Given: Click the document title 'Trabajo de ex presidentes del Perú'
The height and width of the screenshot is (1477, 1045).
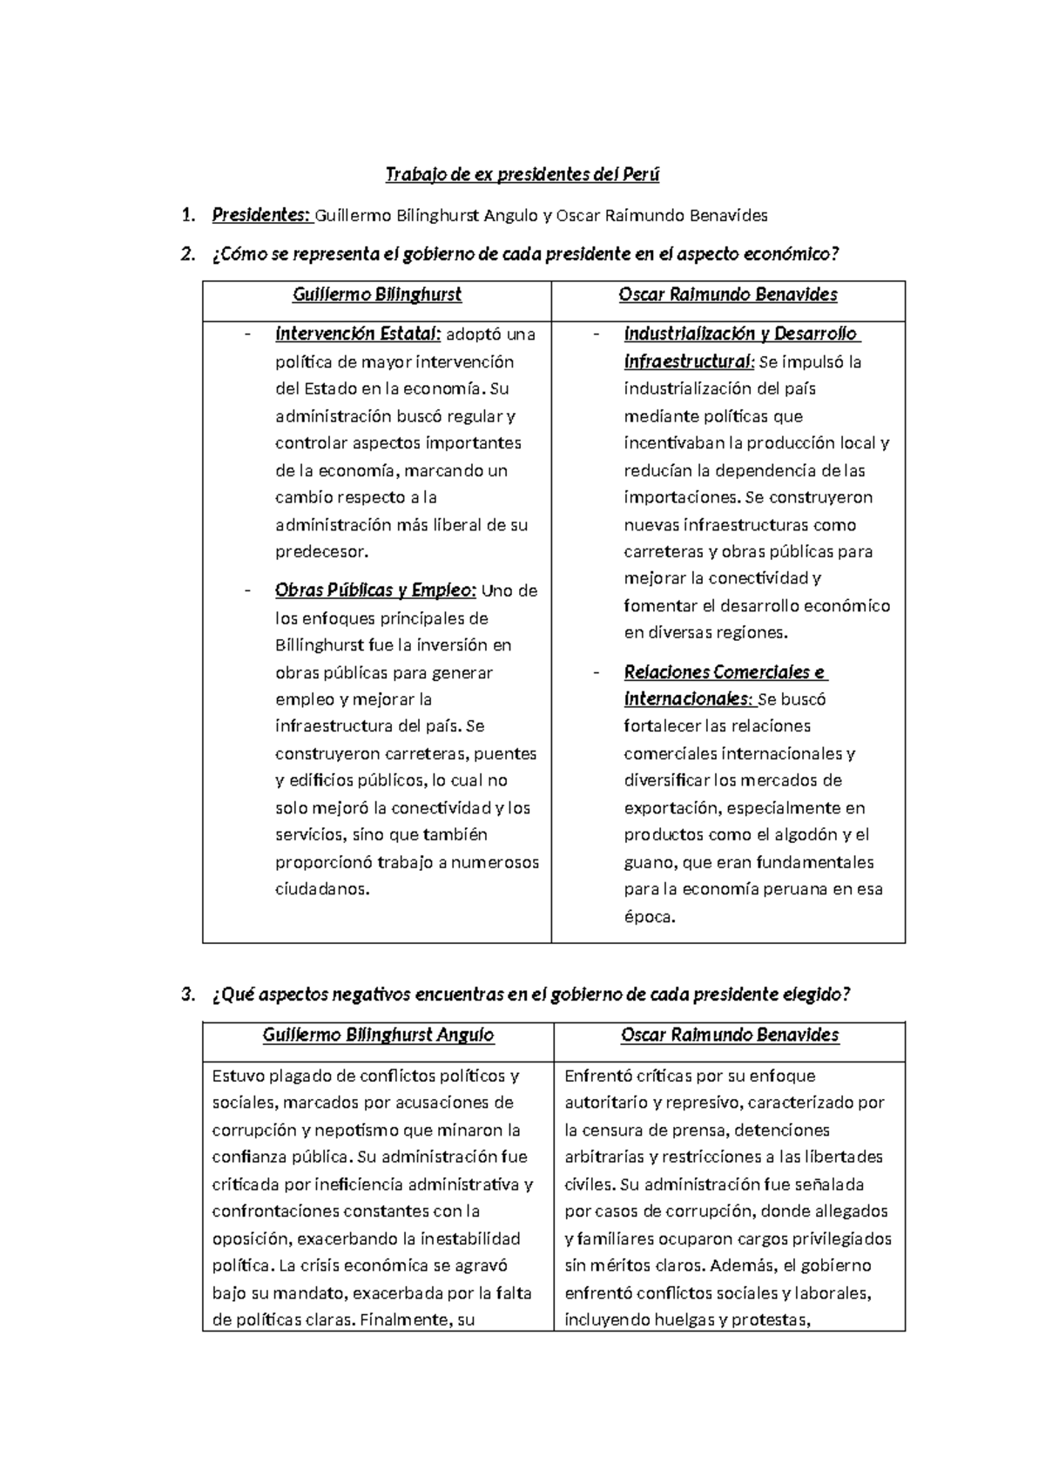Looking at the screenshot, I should coord(522,175).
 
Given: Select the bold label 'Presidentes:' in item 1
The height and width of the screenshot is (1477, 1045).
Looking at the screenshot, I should coord(260,215).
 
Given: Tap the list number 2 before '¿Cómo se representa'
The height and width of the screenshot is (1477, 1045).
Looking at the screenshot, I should coord(186,254).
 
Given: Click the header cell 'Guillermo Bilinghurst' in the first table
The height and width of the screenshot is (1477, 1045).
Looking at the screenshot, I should coord(376,294).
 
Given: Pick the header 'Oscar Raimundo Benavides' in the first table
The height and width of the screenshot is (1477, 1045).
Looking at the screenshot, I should coord(728,294).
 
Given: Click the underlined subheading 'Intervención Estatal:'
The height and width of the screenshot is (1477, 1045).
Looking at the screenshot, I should coord(358,334).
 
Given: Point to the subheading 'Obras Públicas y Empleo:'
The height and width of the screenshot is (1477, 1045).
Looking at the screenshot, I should coord(375,590).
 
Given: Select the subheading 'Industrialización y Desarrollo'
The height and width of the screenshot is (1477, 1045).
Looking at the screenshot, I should coord(740,334).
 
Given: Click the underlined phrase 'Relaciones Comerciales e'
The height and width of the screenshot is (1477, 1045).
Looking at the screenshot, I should coord(725,672).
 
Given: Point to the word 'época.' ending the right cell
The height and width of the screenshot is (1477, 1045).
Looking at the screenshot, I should coord(650,916).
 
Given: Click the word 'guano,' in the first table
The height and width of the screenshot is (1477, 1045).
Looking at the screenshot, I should coord(651,862).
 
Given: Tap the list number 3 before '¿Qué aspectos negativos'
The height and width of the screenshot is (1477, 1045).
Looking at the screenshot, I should coord(186,995).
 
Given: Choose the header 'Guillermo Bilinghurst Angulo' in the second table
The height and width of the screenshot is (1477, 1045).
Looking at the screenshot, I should coord(378,1035).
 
